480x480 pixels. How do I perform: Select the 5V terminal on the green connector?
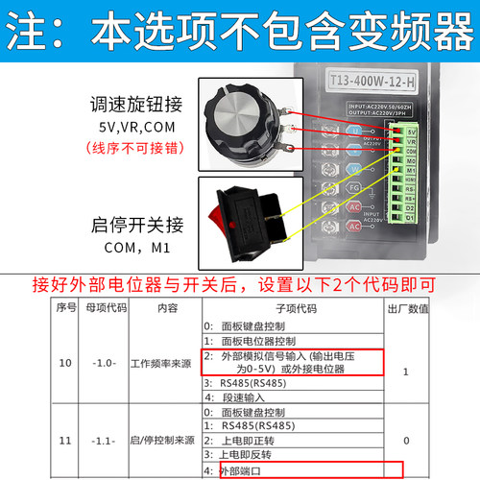coord(411,131)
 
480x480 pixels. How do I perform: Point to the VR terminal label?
coord(411,141)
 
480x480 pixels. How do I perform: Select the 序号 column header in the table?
coord(65,309)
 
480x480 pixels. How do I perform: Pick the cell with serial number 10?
coord(65,363)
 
